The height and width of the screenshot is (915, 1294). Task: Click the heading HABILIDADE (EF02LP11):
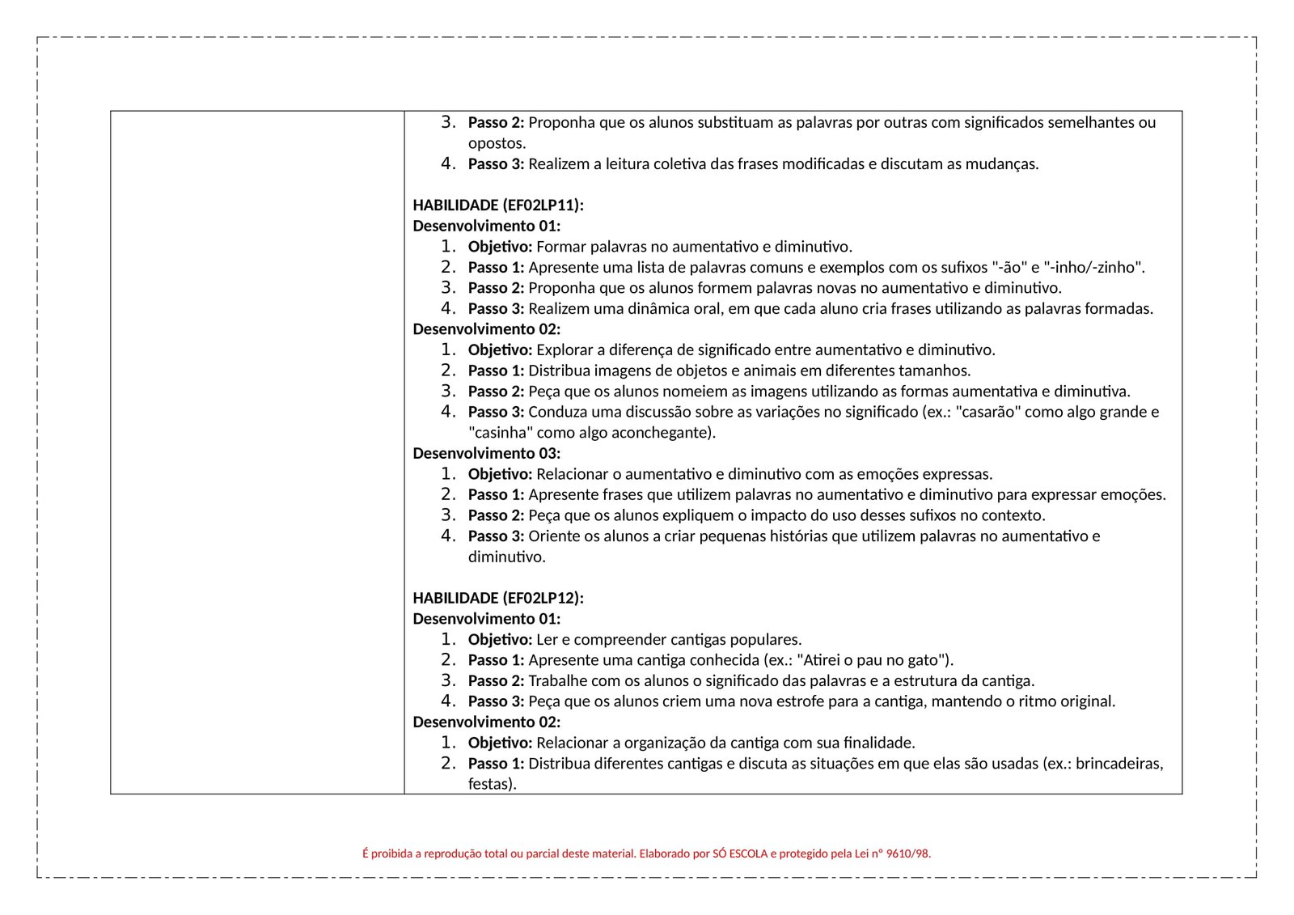(497, 205)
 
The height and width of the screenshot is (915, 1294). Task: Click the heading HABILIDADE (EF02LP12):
(497, 598)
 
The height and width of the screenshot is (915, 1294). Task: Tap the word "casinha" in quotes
(501, 433)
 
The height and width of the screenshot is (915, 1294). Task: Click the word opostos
(497, 144)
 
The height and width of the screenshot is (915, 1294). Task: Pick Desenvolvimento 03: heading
(486, 453)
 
